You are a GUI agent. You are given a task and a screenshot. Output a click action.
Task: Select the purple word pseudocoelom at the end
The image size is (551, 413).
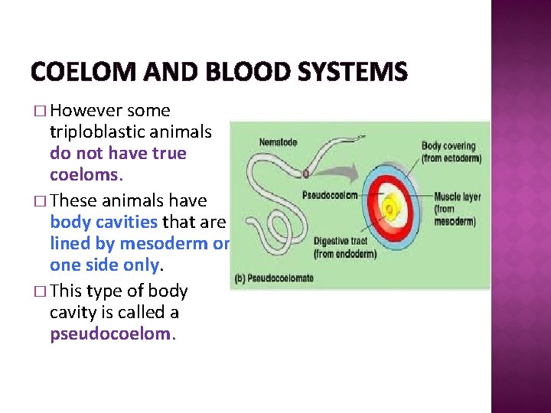(x=111, y=333)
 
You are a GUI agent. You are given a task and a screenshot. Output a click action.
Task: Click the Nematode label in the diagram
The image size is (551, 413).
(x=279, y=142)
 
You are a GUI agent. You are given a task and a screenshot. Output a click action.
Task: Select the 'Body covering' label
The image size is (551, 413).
(x=448, y=146)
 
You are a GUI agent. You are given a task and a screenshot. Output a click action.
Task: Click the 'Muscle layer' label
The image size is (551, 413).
(x=458, y=197)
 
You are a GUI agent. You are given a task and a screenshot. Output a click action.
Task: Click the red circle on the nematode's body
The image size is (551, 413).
(x=305, y=174)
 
